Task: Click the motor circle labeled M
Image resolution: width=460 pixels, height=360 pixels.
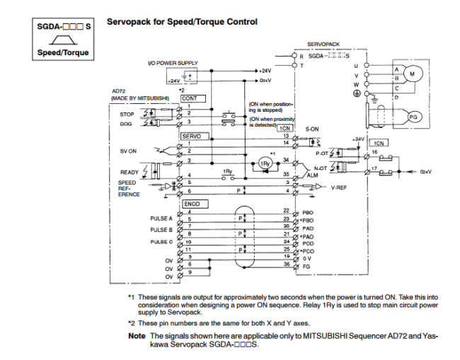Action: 415,74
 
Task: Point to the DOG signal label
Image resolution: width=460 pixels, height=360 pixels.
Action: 127,123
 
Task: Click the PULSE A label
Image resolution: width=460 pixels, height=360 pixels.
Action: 161,219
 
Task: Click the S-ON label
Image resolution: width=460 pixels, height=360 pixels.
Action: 312,129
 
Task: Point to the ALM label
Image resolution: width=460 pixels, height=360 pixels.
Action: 313,174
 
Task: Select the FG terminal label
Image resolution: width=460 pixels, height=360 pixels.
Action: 306,267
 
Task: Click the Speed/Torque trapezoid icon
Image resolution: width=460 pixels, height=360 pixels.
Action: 64,42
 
